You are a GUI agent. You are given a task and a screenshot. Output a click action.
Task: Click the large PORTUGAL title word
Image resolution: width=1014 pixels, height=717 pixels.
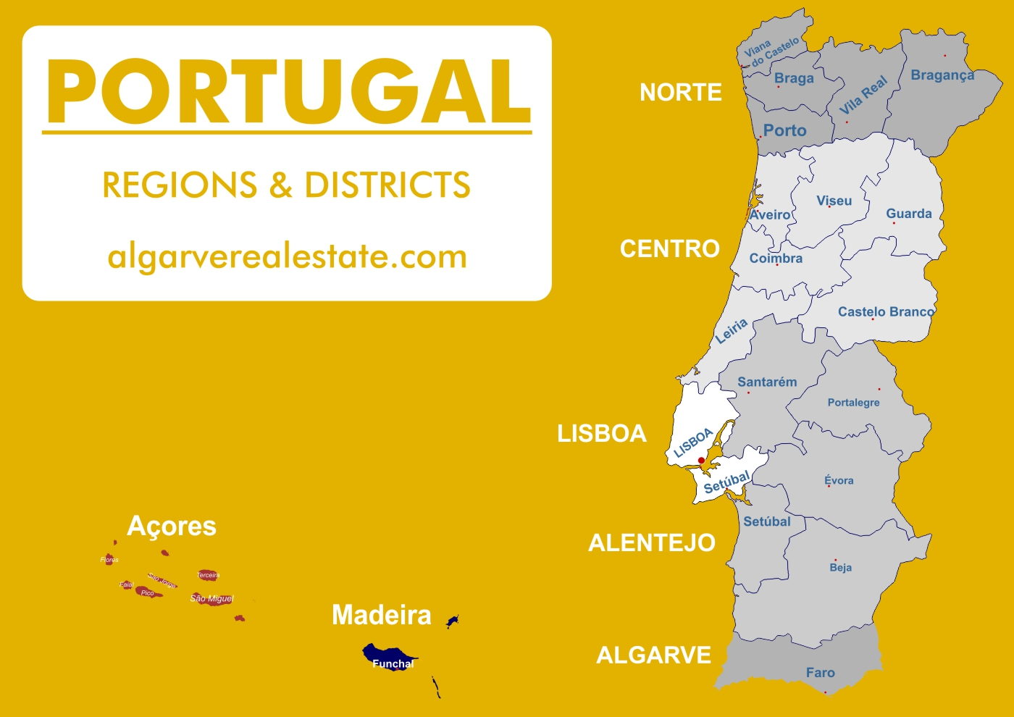pyautogui.click(x=288, y=93)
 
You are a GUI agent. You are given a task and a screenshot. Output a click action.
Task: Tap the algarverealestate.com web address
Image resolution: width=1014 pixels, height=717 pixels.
pyautogui.click(x=287, y=257)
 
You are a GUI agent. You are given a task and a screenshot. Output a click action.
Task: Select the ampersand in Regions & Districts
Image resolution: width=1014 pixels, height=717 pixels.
pyautogui.click(x=280, y=185)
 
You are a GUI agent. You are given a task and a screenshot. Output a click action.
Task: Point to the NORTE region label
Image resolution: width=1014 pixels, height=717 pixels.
pyautogui.click(x=680, y=93)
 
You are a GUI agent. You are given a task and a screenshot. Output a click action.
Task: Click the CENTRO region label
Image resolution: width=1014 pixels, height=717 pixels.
pyautogui.click(x=669, y=249)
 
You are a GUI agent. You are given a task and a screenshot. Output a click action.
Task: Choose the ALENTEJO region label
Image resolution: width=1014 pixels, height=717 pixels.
pyautogui.click(x=651, y=543)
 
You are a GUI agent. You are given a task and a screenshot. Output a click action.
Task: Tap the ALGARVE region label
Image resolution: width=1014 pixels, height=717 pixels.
pyautogui.click(x=653, y=655)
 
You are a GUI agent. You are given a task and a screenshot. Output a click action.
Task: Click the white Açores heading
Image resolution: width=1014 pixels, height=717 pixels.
pyautogui.click(x=172, y=527)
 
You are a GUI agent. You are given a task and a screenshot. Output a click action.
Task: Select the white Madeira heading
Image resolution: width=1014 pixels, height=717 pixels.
pyautogui.click(x=381, y=616)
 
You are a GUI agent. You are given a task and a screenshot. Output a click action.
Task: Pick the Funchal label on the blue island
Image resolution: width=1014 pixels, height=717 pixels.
pyautogui.click(x=393, y=663)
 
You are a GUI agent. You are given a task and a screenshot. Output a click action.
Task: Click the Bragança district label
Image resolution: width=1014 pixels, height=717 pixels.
pyautogui.click(x=942, y=75)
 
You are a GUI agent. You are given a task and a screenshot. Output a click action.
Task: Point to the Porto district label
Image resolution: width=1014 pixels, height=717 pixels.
pyautogui.click(x=784, y=130)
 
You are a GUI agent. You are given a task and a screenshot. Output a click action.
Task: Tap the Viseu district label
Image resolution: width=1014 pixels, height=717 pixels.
pyautogui.click(x=834, y=201)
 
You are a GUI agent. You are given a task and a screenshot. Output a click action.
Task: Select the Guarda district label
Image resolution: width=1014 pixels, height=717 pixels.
pyautogui.click(x=908, y=214)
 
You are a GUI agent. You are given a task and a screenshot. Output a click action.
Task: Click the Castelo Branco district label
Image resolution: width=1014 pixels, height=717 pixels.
pyautogui.click(x=886, y=311)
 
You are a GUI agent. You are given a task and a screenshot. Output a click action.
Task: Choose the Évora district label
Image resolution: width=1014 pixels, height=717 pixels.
pyautogui.click(x=839, y=480)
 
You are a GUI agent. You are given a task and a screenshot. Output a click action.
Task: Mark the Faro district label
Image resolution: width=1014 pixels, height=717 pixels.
pyautogui.click(x=820, y=673)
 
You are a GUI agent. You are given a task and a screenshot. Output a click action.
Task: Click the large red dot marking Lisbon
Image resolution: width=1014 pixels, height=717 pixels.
pyautogui.click(x=701, y=461)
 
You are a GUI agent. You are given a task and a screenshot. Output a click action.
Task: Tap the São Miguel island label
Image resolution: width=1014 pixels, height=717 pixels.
pyautogui.click(x=211, y=599)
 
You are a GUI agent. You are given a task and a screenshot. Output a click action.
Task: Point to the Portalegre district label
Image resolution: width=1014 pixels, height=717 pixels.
pyautogui.click(x=853, y=403)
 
